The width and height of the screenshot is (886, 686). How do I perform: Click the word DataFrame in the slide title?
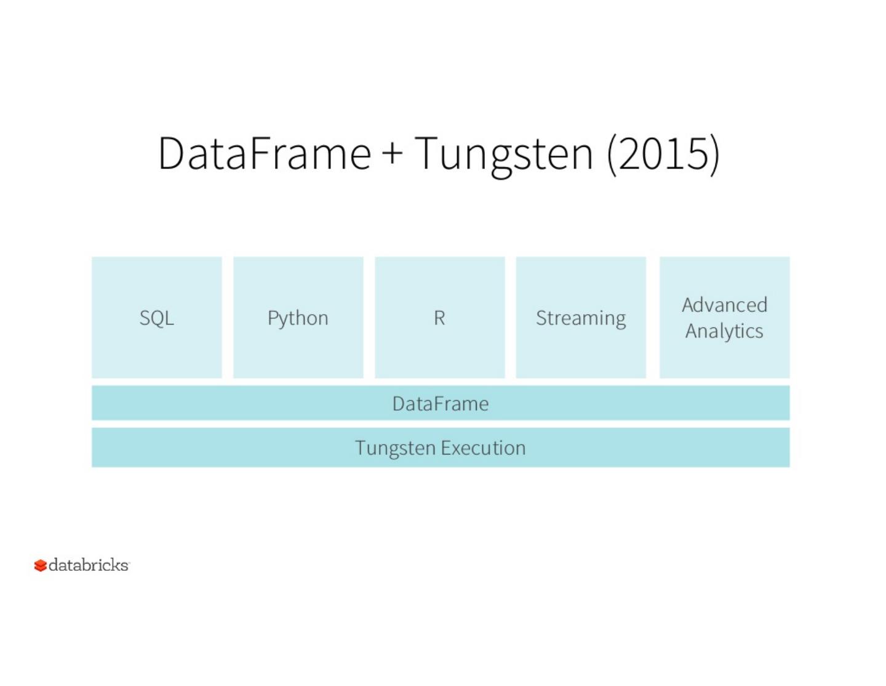point(265,153)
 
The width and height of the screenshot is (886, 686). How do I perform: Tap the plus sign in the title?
point(393,154)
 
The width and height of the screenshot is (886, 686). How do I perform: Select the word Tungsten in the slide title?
point(503,154)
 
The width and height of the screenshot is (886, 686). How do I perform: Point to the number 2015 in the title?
point(663,153)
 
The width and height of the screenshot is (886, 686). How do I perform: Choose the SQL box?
point(157,318)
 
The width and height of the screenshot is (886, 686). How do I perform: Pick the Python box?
point(298,318)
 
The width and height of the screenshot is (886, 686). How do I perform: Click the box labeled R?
point(439,318)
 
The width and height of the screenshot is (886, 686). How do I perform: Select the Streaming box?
point(581,318)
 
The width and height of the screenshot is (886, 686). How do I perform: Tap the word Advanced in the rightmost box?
point(724,305)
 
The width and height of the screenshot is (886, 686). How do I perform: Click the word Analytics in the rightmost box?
point(724,331)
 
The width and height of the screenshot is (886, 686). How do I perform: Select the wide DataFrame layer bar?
point(441,403)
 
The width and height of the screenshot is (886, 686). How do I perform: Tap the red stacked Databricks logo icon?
point(41,565)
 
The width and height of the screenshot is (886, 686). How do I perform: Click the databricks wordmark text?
point(89,565)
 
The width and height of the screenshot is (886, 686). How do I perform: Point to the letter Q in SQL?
point(157,318)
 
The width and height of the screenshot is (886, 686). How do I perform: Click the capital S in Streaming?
point(541,318)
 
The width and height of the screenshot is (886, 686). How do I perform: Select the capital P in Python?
point(273,318)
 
